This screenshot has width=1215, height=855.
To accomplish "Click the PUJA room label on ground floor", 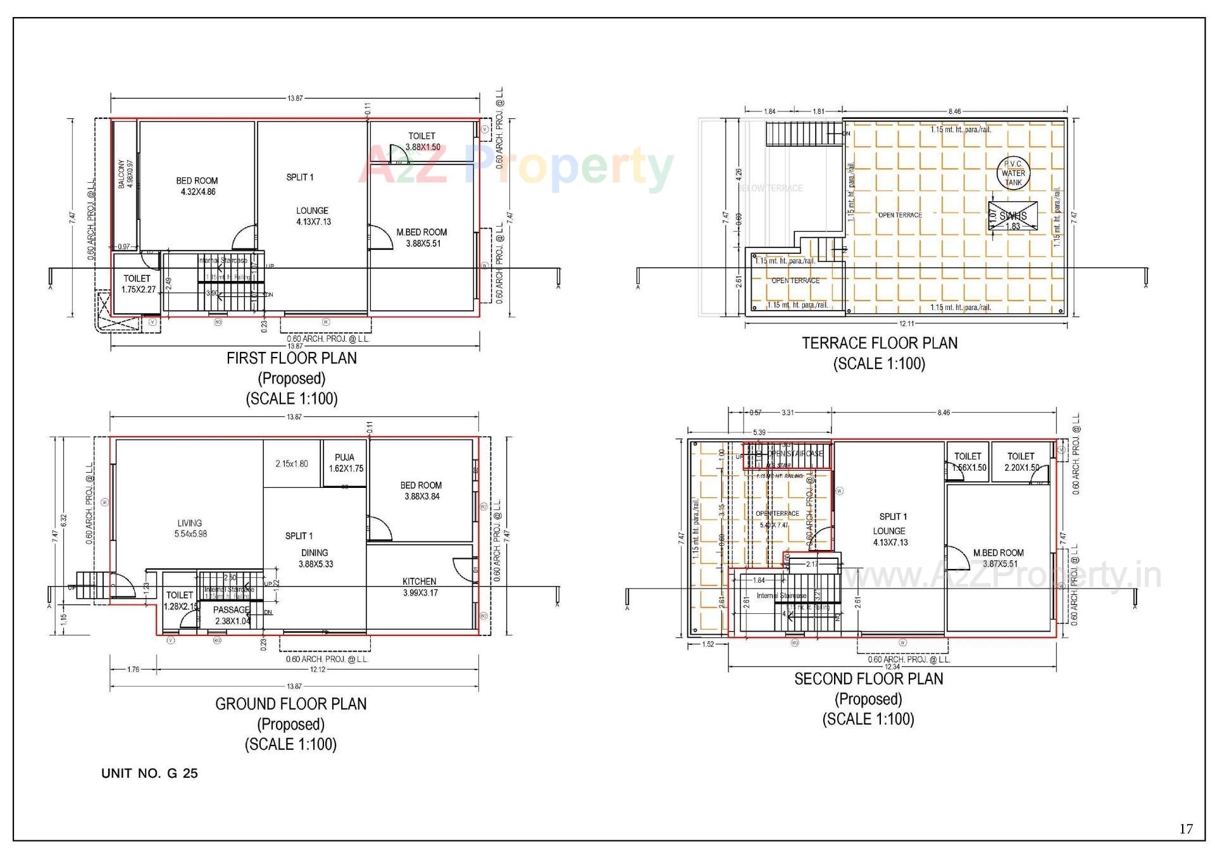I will click(345, 463).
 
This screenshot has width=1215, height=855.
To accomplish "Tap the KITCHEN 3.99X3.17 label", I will click(420, 587).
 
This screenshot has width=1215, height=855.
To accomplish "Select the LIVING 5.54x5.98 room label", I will click(190, 528).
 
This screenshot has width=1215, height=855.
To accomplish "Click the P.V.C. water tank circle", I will click(1012, 173).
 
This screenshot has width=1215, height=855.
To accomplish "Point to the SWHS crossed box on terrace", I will click(1012, 216).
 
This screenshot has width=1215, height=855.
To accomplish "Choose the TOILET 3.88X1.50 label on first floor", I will click(422, 141).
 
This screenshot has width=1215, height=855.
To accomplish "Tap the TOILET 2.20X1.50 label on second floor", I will click(1021, 461).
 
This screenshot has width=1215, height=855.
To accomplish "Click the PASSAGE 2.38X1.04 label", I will click(232, 615).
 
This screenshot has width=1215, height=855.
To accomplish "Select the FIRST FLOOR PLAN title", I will click(292, 358).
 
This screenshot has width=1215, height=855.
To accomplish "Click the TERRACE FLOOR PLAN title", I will click(880, 343).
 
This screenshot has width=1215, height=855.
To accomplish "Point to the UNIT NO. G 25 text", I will click(149, 773).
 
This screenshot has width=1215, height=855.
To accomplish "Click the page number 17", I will click(1186, 828).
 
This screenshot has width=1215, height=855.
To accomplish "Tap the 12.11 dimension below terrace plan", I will click(906, 324).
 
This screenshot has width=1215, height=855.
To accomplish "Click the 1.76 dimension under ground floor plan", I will click(134, 669).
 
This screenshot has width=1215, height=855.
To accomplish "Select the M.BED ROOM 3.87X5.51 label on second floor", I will click(998, 558).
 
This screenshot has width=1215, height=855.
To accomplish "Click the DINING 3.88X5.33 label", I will click(315, 558).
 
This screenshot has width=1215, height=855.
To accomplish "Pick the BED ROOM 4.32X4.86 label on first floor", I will click(197, 186).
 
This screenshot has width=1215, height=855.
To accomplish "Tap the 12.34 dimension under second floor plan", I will click(892, 666).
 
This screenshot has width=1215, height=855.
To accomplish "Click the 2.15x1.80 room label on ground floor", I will click(292, 464).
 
